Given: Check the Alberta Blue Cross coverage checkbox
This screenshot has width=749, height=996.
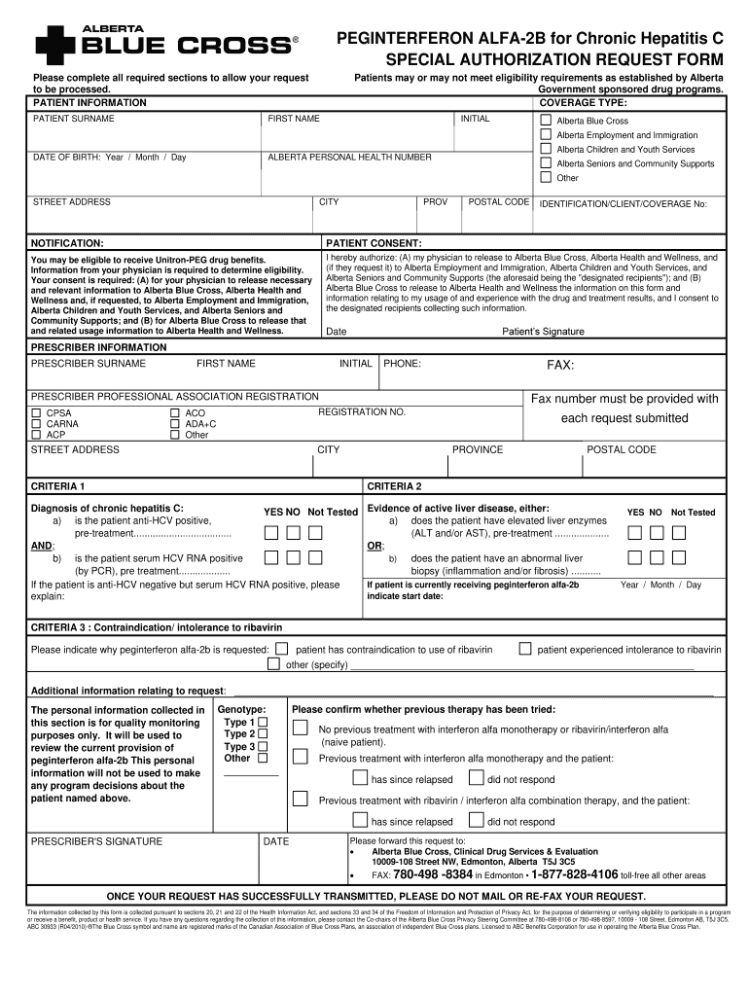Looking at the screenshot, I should click(x=546, y=121).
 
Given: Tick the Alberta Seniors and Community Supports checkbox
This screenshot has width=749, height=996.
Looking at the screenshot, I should click(x=546, y=163).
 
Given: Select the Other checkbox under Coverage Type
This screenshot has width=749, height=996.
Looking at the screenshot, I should click(x=546, y=178).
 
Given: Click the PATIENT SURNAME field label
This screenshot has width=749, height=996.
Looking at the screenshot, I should click(x=74, y=119).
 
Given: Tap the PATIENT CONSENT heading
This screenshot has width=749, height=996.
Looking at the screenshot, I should click(x=374, y=243).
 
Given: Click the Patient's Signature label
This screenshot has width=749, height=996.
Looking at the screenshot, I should click(x=543, y=332).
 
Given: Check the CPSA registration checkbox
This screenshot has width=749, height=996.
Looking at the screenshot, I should click(x=37, y=413).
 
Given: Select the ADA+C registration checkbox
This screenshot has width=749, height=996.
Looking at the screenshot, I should click(x=175, y=424).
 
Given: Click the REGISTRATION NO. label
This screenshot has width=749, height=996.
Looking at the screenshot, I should click(x=362, y=412).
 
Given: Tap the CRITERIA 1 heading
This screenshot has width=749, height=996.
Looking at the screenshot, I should click(x=58, y=485).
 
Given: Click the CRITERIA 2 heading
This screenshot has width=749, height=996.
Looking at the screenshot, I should click(x=394, y=485).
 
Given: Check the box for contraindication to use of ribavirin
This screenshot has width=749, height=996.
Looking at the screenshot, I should click(x=282, y=649).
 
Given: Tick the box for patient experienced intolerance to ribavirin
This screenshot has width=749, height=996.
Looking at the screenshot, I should click(x=525, y=649).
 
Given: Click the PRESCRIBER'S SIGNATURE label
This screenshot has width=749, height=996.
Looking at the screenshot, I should click(x=97, y=841).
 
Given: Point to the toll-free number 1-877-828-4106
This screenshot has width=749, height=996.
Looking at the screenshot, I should click(x=560, y=874).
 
